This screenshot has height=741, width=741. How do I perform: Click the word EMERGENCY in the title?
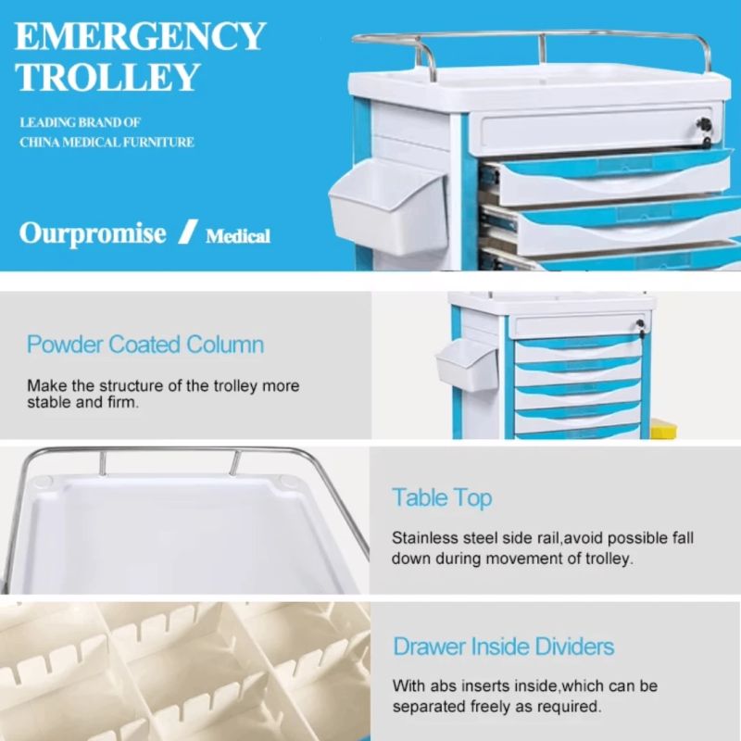tap(140, 36)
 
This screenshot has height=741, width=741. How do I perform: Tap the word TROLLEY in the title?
tap(107, 77)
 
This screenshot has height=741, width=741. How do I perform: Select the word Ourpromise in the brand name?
tap(93, 233)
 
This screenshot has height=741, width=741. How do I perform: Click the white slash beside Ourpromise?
tap(188, 232)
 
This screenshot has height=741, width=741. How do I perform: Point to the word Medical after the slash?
tap(238, 236)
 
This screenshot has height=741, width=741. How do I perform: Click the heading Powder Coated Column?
tap(145, 344)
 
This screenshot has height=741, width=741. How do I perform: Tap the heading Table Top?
tap(442, 498)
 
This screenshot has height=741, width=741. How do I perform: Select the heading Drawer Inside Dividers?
tap(503, 646)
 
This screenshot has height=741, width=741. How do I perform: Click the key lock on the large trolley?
tap(705, 126)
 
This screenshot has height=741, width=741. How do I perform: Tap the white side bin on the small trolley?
tap(467, 364)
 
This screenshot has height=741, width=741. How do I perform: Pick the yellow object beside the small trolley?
tap(663, 429)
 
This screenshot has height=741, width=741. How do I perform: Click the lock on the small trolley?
tap(640, 324)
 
